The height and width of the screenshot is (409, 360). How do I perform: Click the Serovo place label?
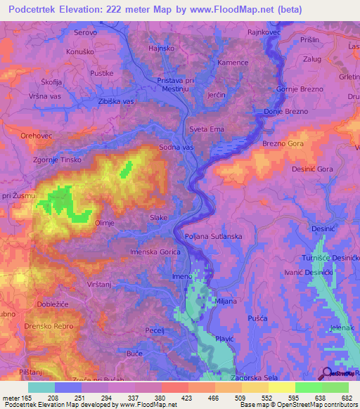click(86, 32)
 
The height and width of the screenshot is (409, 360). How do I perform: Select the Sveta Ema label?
click(207, 129)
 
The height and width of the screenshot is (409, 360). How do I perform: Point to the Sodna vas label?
click(176, 148)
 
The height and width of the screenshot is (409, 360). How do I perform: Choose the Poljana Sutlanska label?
click(213, 237)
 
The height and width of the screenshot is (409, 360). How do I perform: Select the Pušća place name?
click(258, 319)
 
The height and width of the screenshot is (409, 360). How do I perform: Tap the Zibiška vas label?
click(116, 102)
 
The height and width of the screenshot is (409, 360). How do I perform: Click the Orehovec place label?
click(37, 136)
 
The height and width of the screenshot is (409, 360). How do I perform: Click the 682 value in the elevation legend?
click(347, 398)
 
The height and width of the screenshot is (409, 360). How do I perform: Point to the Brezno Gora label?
click(281, 144)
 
